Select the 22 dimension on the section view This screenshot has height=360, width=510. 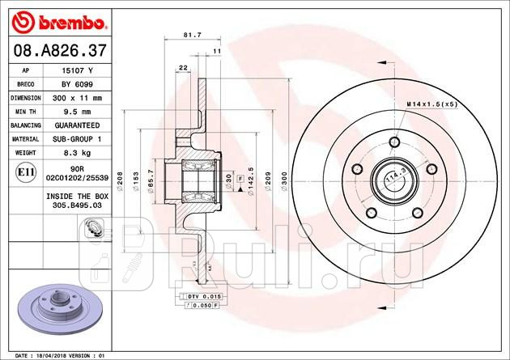click(182, 66)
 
